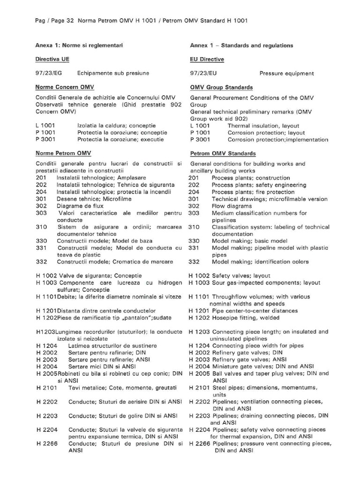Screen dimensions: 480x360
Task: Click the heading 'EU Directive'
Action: point(207,60)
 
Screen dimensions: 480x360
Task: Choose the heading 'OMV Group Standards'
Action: point(221,87)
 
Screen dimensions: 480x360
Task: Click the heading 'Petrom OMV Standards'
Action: point(223,153)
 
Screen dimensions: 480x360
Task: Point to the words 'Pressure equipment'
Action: point(286,74)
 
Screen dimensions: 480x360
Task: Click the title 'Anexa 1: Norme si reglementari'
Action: point(82,45)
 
